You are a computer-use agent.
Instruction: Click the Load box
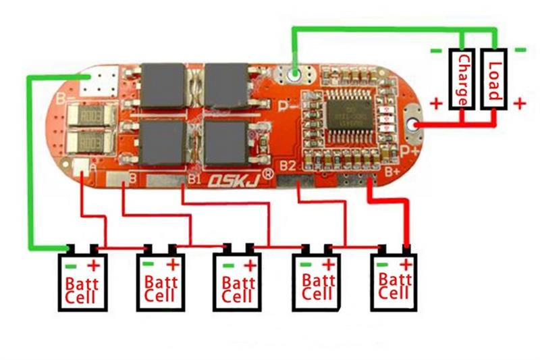tap(494, 80)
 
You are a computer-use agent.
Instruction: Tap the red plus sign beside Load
tap(519, 103)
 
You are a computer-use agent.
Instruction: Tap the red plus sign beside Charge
tap(436, 104)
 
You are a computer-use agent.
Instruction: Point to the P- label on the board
tap(288, 105)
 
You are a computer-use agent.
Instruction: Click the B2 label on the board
tap(288, 165)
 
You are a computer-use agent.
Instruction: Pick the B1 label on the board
tap(195, 179)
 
